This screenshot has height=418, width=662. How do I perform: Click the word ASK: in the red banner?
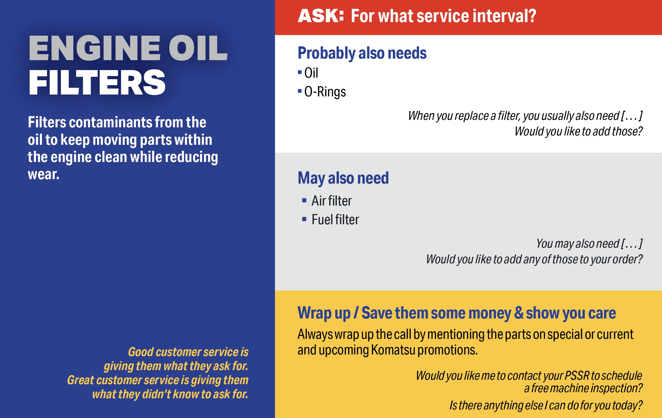(321, 16)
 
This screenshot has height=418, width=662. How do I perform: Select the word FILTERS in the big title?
(97, 82)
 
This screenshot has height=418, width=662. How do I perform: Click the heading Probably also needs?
(362, 53)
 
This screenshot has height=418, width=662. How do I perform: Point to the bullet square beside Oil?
(300, 73)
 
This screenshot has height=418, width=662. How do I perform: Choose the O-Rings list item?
(325, 92)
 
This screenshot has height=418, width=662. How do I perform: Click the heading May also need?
(343, 178)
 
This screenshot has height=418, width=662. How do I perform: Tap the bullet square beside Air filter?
(304, 201)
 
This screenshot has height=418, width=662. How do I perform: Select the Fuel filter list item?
(335, 220)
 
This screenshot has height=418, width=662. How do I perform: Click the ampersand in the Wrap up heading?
(519, 313)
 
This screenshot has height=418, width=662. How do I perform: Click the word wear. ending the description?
(43, 174)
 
